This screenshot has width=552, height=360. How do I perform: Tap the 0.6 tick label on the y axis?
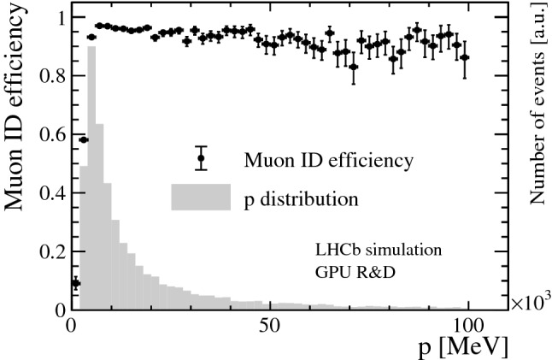pyautogui.click(x=50, y=135)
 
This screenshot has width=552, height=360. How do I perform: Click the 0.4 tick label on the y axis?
pyautogui.click(x=50, y=193)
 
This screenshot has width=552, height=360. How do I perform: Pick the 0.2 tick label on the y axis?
pyautogui.click(x=50, y=251)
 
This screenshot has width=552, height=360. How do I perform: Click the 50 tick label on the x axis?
pyautogui.click(x=270, y=327)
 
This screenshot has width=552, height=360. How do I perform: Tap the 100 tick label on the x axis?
pyautogui.click(x=468, y=327)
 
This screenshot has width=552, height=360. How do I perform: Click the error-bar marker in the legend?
pyautogui.click(x=201, y=158)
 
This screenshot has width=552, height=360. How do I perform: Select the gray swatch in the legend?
pyautogui.click(x=201, y=198)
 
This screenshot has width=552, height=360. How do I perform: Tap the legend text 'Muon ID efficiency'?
pyautogui.click(x=329, y=160)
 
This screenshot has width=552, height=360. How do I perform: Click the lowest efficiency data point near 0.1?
pyautogui.click(x=75, y=283)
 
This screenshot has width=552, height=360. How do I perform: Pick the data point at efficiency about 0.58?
pyautogui.click(x=84, y=139)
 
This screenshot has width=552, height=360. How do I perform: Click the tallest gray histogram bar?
pyautogui.click(x=91, y=180)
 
